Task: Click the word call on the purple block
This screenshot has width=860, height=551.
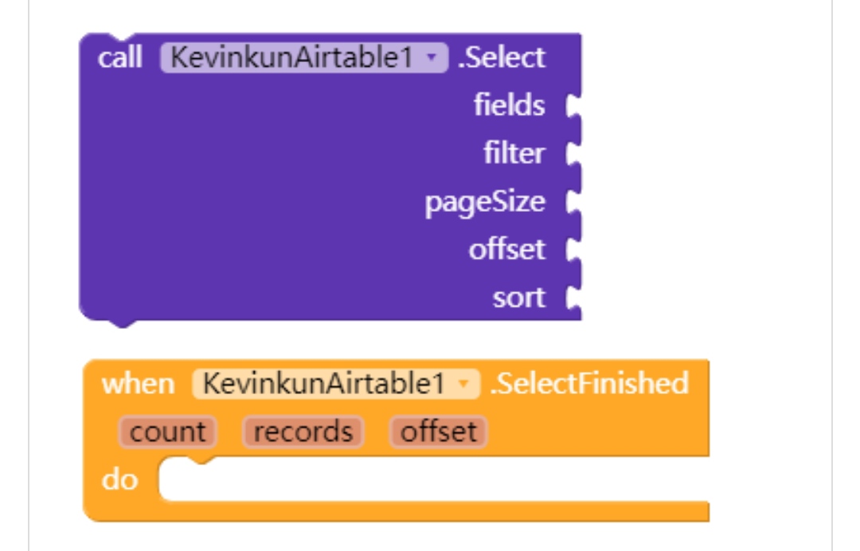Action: pos(119,58)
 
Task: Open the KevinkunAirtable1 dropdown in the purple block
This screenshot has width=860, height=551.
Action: pos(304,58)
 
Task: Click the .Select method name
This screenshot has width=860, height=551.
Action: pos(502,58)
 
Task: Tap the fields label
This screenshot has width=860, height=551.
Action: pos(509,105)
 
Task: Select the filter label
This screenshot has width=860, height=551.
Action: pos(514,153)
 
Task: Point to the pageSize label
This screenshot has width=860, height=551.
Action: pos(485,201)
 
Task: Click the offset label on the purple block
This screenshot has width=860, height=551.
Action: pos(506,249)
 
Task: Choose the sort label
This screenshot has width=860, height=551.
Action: pos(518,298)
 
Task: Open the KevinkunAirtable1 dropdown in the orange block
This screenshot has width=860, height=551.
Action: pos(336,384)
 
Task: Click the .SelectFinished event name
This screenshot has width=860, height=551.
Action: pos(589,384)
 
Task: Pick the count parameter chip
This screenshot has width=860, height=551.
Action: pos(167,432)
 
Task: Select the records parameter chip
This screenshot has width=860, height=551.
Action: pos(303,432)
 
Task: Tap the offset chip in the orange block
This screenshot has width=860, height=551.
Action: pos(438,432)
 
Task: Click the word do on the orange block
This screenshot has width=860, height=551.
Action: pos(119,480)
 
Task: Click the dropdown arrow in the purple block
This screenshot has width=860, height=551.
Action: pos(432,58)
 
